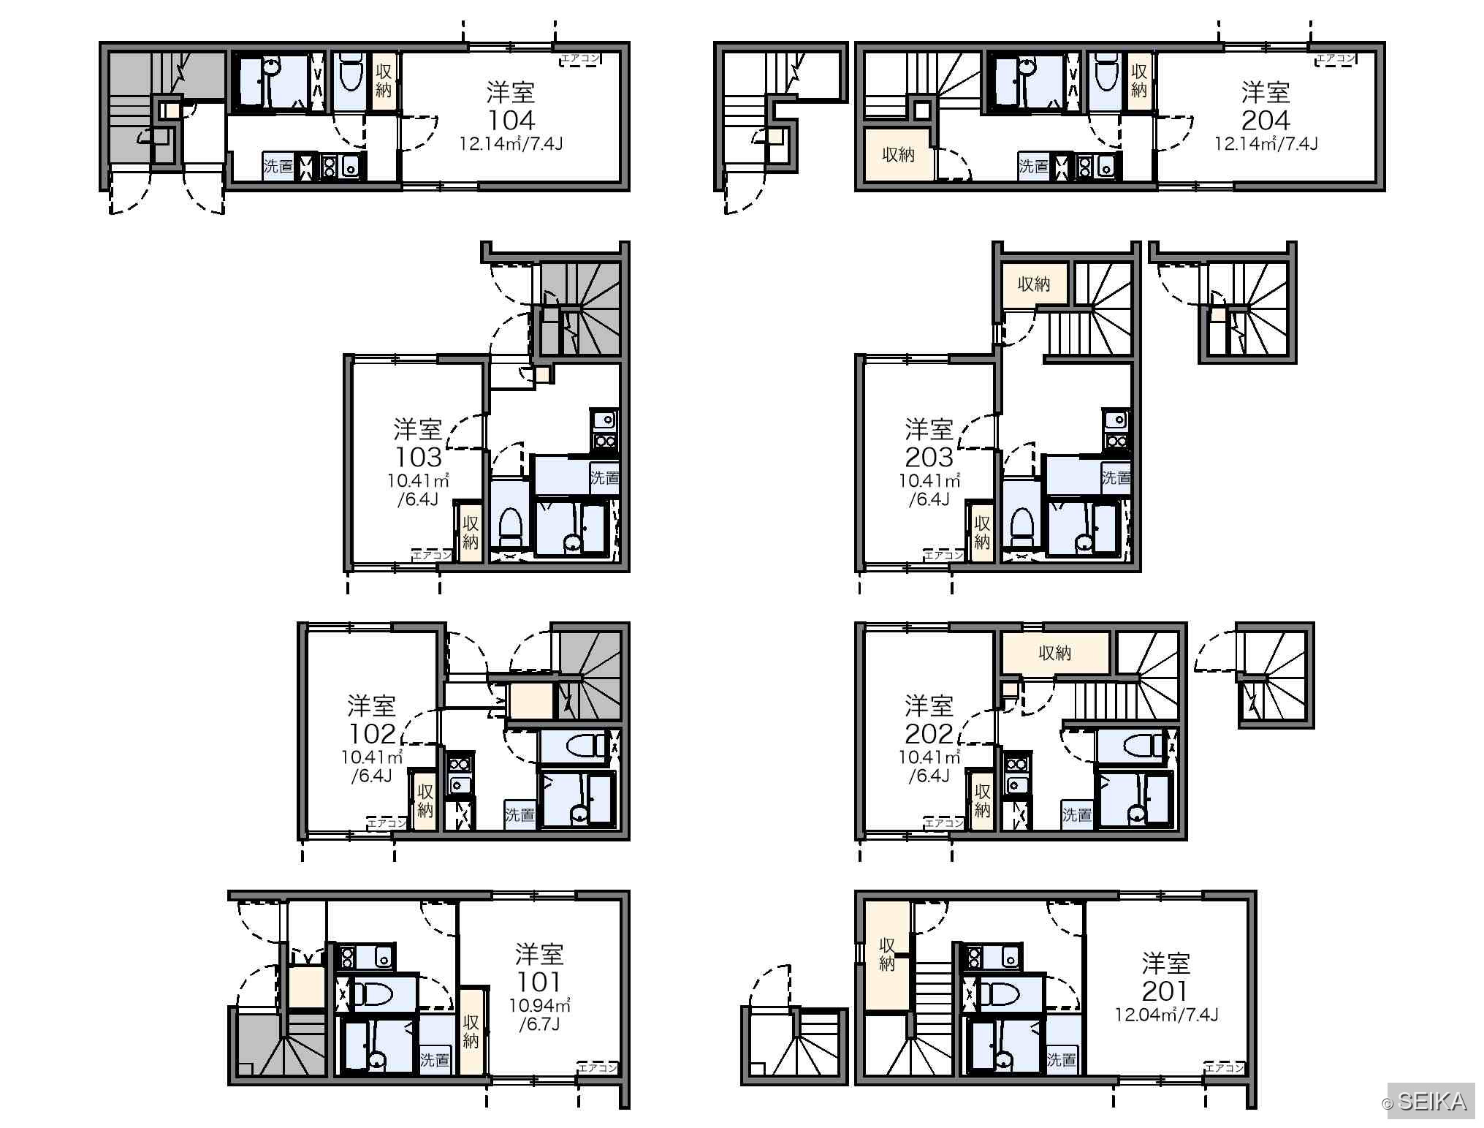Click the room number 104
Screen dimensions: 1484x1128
(511, 120)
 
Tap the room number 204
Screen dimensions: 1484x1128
(1266, 120)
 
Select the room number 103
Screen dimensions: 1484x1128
(418, 457)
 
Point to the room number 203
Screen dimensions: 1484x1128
(929, 457)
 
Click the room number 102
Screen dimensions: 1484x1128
(372, 733)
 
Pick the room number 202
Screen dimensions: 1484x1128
(929, 733)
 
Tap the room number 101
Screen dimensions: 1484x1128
(539, 982)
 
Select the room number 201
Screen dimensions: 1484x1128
(1165, 991)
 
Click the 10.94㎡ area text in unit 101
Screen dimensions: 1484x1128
(539, 1006)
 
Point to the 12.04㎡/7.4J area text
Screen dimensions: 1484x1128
(1166, 1015)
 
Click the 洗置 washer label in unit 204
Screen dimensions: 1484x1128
(1034, 167)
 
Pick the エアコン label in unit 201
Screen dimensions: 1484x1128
(1225, 1067)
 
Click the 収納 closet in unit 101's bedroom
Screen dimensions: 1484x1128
(471, 1031)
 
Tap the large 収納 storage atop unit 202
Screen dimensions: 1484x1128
(1055, 653)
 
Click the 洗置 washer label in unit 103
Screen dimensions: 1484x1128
(605, 478)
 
